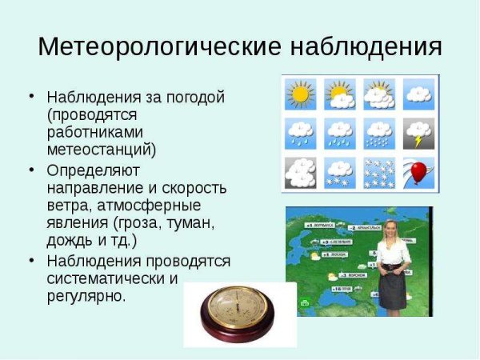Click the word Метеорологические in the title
point(157,46)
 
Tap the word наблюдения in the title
point(364,46)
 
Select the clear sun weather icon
point(300,94)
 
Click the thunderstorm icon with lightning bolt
point(418,133)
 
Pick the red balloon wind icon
point(418,172)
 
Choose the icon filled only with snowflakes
point(378,172)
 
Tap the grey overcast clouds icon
point(300,172)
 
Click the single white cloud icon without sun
point(418,94)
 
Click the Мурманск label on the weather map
point(319,226)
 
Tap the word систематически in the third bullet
point(106,278)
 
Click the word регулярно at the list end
point(86,296)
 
